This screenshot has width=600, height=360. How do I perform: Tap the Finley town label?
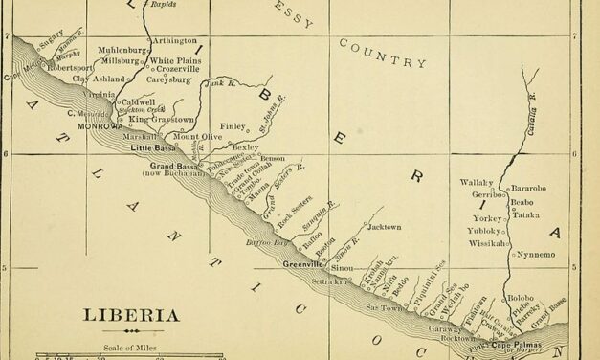233,124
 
